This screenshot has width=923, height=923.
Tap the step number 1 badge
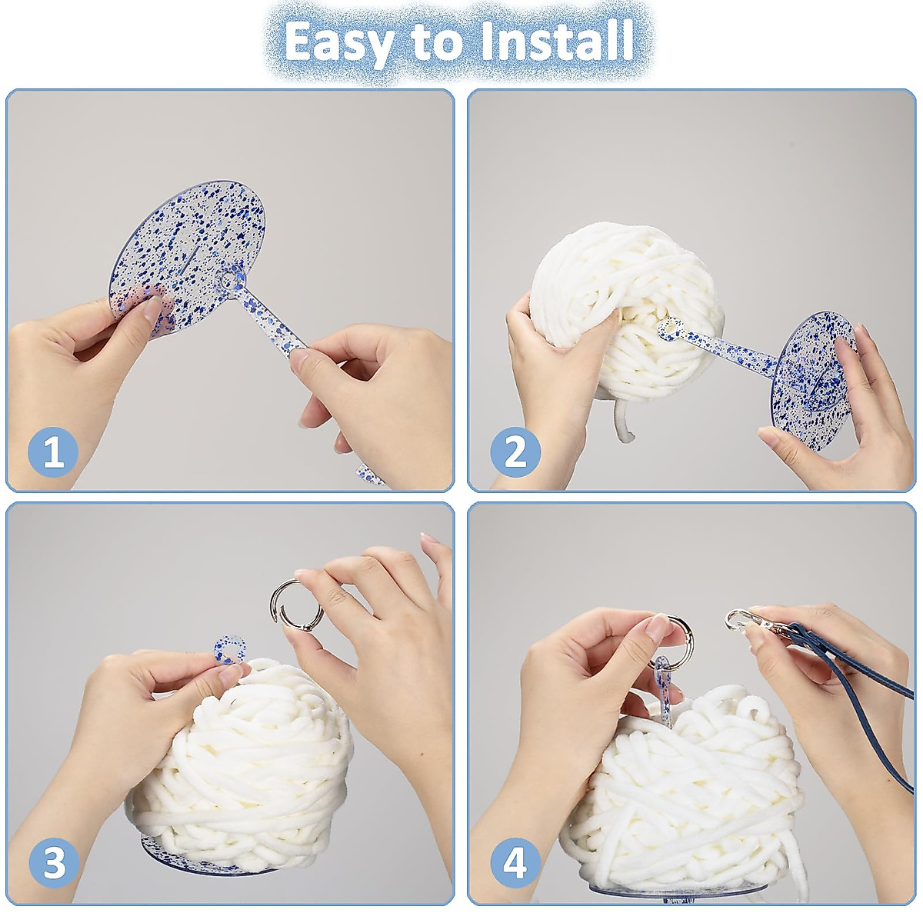click(x=54, y=452)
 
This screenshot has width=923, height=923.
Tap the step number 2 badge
click(x=515, y=452)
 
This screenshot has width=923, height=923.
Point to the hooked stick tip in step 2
click(x=671, y=329)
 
